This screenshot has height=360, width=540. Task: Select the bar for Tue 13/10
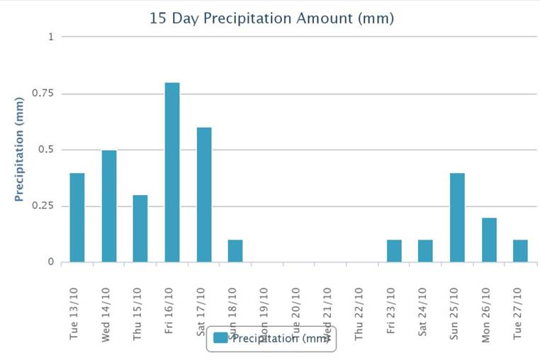pyautogui.click(x=77, y=218)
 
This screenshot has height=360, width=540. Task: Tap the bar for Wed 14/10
pyautogui.click(x=108, y=206)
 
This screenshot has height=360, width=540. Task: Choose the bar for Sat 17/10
pyautogui.click(x=204, y=195)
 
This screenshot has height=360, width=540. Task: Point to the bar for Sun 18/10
pyautogui.click(x=235, y=251)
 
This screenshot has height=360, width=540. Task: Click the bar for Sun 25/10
pyautogui.click(x=458, y=218)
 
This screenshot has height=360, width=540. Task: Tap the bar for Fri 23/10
pyautogui.click(x=394, y=251)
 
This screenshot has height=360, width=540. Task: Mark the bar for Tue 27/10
pyautogui.click(x=521, y=251)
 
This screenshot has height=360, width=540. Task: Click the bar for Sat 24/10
pyautogui.click(x=426, y=251)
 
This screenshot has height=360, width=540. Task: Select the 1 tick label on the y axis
pyautogui.click(x=50, y=37)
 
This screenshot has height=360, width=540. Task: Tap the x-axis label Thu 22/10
pyautogui.click(x=359, y=314)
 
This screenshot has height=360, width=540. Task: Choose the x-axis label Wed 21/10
pyautogui.click(x=327, y=313)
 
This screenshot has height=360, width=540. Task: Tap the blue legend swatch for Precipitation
pyautogui.click(x=220, y=338)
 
